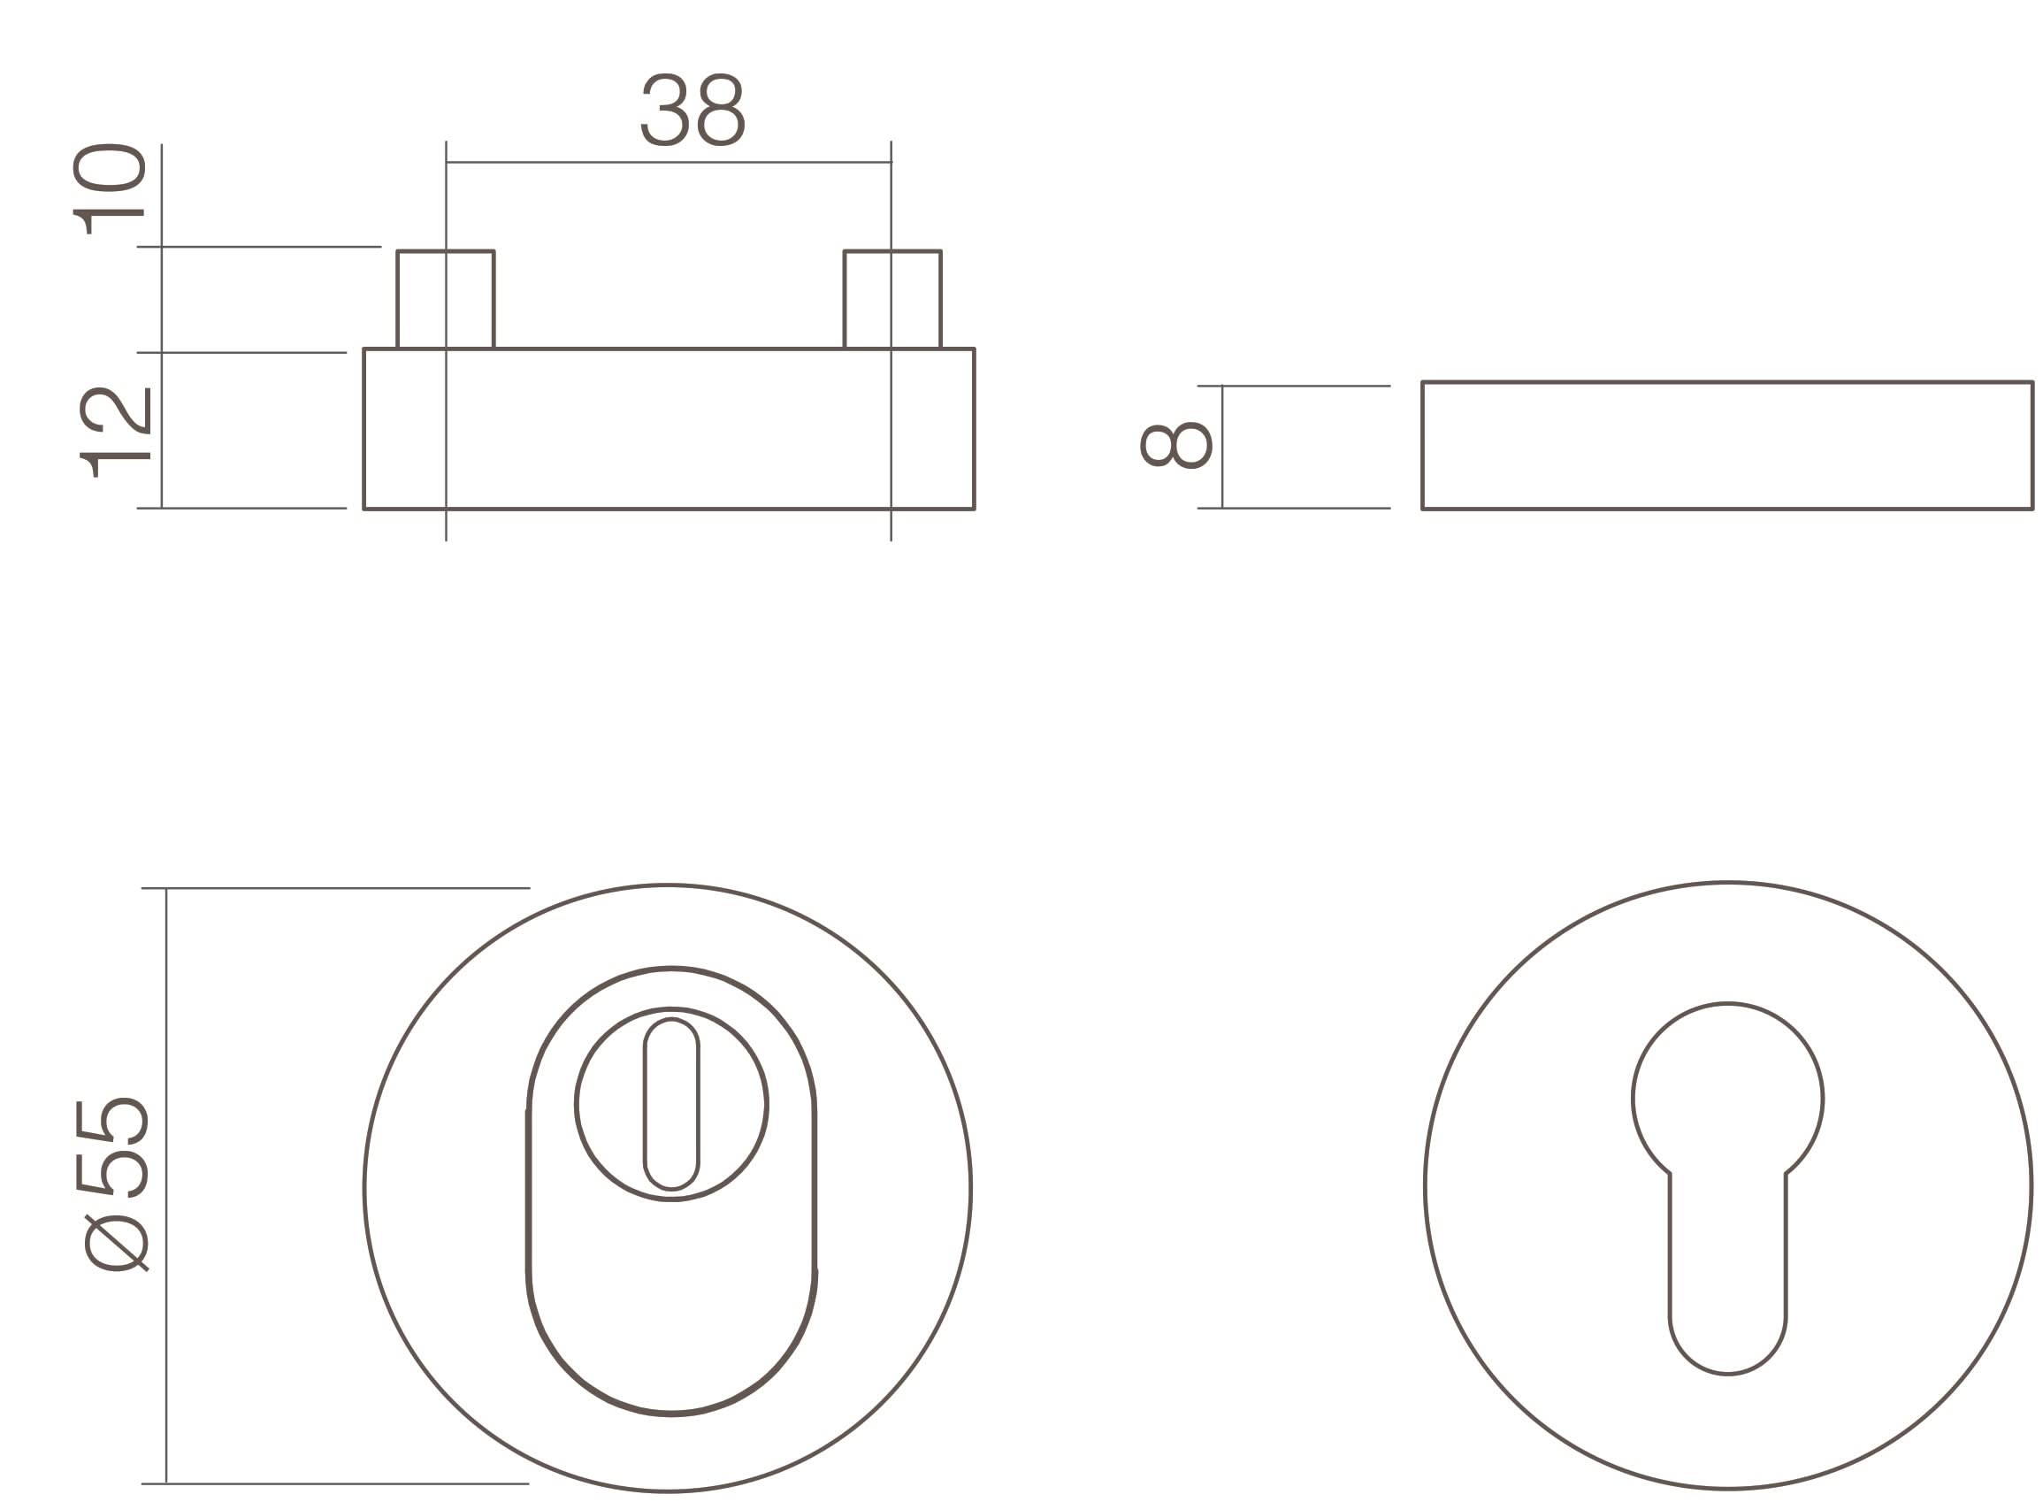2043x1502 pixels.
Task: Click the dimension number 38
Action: coord(692,109)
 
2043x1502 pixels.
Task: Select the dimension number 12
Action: coord(116,433)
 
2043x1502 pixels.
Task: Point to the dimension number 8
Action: coord(1176,446)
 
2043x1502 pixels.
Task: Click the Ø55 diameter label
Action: coord(112,1184)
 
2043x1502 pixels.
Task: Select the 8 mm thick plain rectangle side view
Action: coord(1725,446)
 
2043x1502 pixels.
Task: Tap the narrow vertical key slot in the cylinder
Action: coord(670,1104)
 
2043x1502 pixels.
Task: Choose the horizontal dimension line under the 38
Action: coord(668,163)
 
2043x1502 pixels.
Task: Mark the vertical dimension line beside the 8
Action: coord(1222,447)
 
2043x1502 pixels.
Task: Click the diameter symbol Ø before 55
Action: coord(116,1243)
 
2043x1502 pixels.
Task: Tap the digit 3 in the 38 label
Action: coord(664,109)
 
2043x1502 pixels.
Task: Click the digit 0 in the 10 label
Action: coord(109,168)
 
